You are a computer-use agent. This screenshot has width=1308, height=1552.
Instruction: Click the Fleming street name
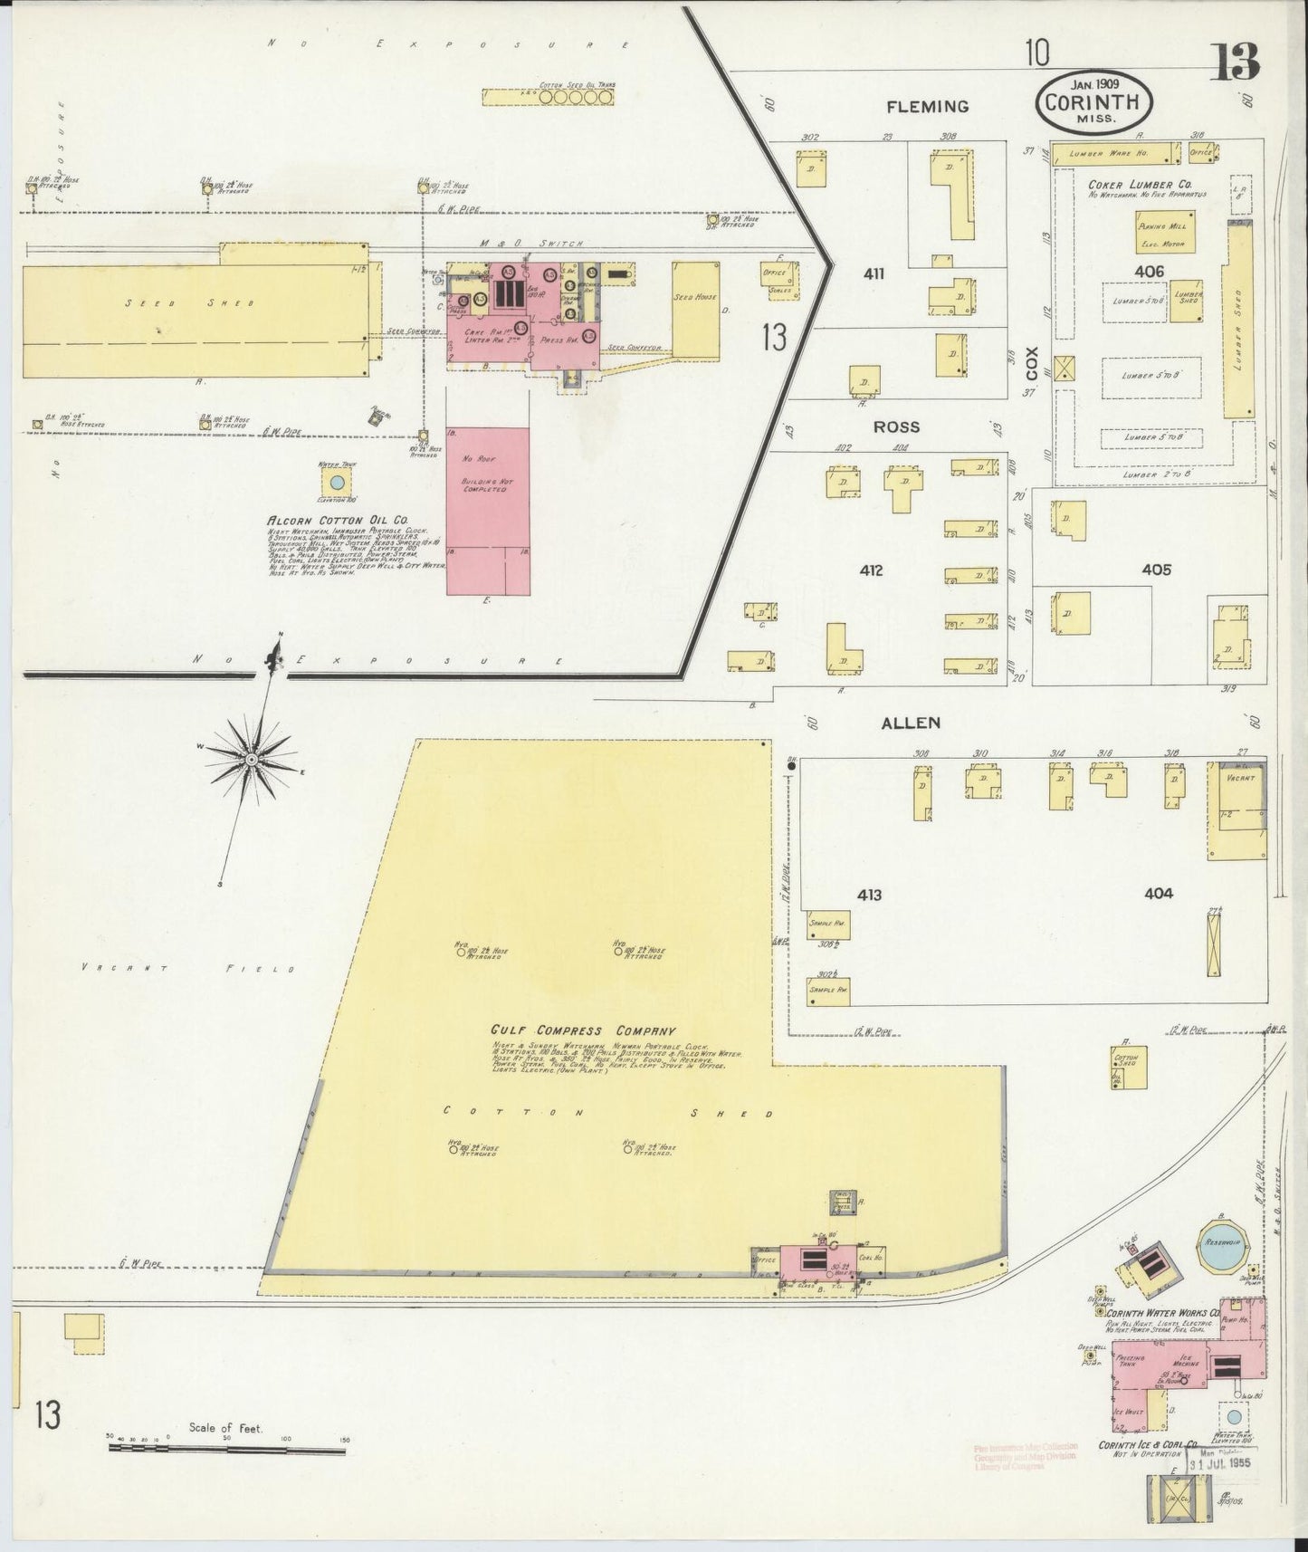[927, 107]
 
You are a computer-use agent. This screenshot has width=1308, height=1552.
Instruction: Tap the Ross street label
[896, 426]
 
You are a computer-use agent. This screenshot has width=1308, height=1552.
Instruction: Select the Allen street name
[911, 723]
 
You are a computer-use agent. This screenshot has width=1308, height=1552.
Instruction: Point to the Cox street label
[1031, 362]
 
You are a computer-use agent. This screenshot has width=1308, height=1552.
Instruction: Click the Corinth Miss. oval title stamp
[1093, 101]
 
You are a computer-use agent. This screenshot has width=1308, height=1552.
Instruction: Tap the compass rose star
[251, 757]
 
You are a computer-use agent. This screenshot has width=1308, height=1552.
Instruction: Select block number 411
[873, 273]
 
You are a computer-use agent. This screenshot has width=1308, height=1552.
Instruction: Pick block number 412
[871, 570]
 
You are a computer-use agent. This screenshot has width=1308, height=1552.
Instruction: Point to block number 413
[869, 895]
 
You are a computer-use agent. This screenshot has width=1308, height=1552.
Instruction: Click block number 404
[1158, 893]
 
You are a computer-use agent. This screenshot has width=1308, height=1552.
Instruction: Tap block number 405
[1156, 570]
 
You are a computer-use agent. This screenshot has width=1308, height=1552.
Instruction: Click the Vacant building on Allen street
[1236, 808]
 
